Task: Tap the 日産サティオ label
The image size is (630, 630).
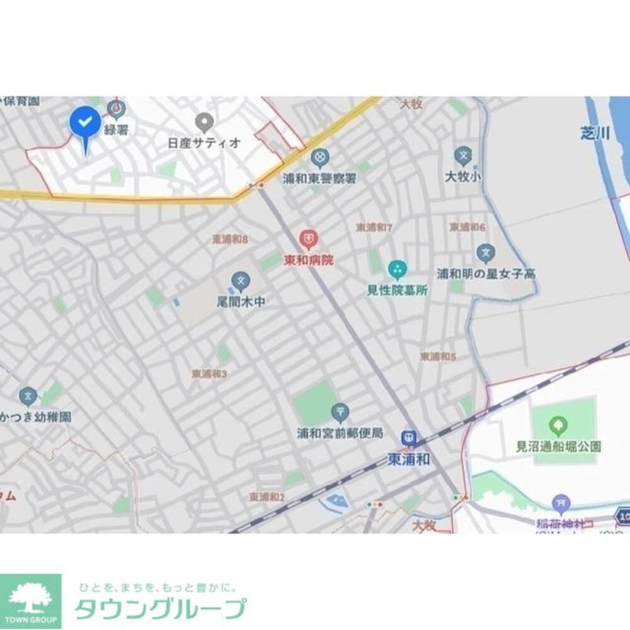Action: coord(204,142)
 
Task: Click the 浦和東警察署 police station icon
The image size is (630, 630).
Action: coord(320,156)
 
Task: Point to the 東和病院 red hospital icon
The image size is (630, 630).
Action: coord(308,239)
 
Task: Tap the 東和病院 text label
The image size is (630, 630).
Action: coord(308,259)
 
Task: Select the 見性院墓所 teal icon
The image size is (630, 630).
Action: coord(398,270)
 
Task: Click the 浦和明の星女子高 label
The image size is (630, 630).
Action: coord(486,274)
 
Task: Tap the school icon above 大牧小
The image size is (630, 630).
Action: coord(463,155)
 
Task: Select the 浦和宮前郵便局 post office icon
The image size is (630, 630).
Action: coord(340,412)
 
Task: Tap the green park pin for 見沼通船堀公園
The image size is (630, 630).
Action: coord(558,426)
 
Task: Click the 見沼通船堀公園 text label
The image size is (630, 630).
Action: coord(558,446)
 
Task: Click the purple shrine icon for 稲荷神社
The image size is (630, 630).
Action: coord(560,503)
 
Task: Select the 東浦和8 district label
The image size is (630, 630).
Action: coord(231,239)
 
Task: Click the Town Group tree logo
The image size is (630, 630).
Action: coord(30,600)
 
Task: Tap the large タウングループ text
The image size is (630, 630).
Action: coord(161,609)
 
